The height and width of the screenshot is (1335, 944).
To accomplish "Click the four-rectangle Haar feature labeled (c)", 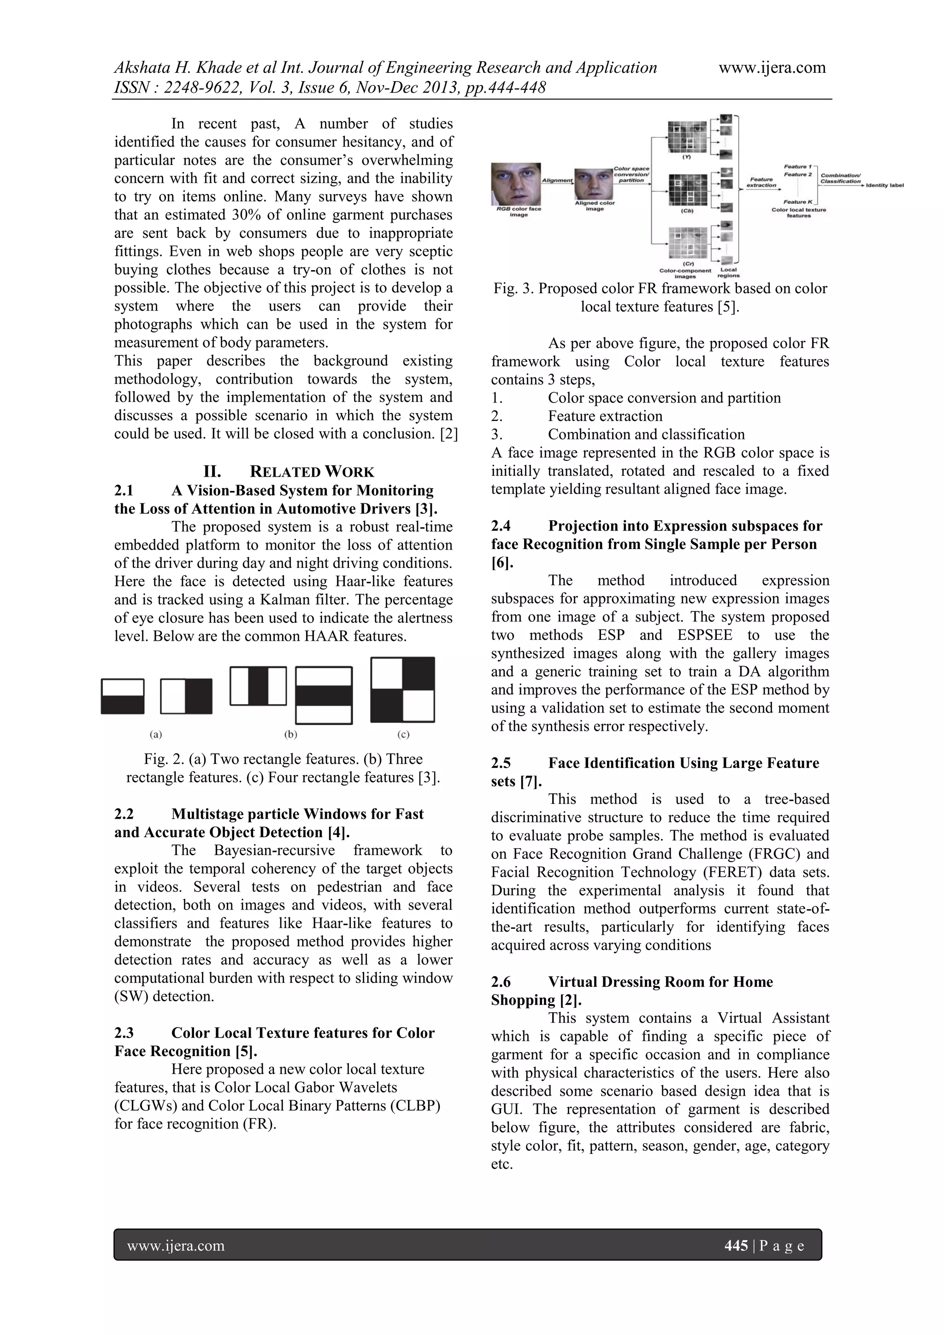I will pos(403,690).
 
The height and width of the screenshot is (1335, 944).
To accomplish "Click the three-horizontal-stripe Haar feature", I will pos(324,696).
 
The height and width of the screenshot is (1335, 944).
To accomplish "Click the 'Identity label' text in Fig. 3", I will pos(885,185).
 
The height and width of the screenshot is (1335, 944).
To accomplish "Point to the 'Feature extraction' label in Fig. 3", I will pos(761,182).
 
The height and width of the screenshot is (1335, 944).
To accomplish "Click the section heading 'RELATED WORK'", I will pos(312,472).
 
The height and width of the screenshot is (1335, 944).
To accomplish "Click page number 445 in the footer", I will pos(736,1246).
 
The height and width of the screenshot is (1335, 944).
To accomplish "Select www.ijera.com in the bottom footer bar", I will pos(176,1246).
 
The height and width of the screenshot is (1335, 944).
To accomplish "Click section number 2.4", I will pos(501,526).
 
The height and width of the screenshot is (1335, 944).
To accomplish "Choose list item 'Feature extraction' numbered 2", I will pos(605,416).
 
